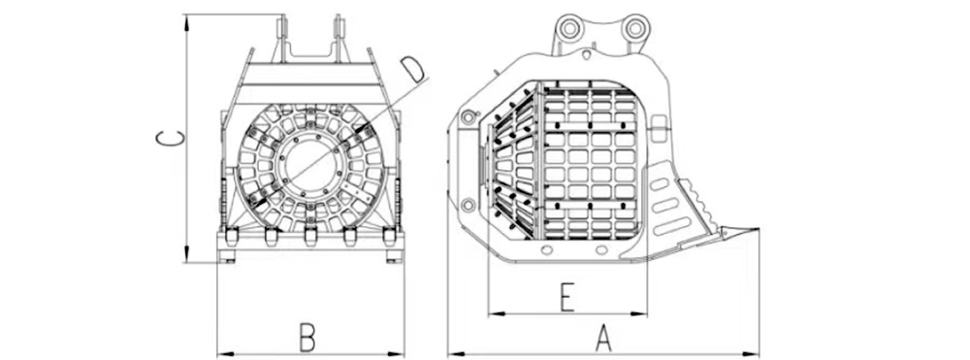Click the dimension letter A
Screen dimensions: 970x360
[x=603, y=339]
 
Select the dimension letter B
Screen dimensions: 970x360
[x=307, y=338]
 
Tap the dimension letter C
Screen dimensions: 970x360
[x=170, y=139]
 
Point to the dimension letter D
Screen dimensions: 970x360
[x=412, y=69]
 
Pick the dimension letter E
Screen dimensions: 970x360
[x=566, y=298]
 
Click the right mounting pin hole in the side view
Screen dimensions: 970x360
[x=634, y=27]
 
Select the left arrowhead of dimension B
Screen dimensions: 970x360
[x=225, y=354]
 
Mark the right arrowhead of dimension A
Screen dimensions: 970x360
[x=752, y=354]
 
